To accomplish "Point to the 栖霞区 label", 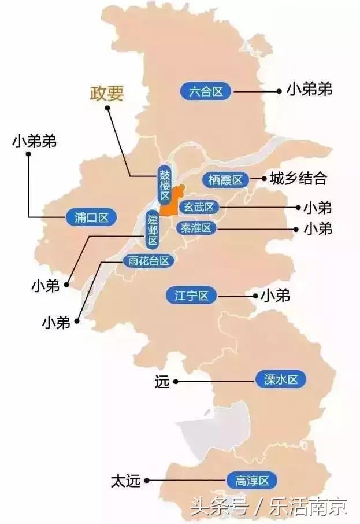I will [225, 180].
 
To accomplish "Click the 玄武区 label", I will [198, 207].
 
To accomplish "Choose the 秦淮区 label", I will [198, 228].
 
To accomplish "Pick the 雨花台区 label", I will [149, 261].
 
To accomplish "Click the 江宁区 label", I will [191, 296].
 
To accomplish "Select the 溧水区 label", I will [280, 380].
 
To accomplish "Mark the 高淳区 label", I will [253, 480].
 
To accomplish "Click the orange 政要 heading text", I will [107, 94].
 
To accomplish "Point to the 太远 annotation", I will [126, 481].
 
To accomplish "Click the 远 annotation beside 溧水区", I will [162, 381].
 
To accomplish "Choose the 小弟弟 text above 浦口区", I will [34, 141].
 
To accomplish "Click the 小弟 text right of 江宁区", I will [276, 296].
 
